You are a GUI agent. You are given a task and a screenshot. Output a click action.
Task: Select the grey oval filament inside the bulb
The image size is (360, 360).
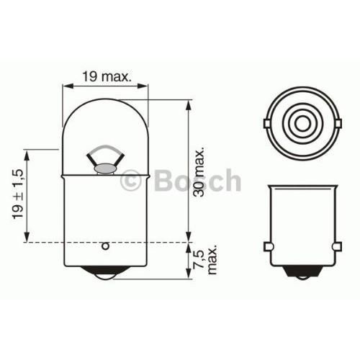(104, 168)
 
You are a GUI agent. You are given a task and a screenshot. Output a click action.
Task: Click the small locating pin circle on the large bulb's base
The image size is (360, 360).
(105, 247)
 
